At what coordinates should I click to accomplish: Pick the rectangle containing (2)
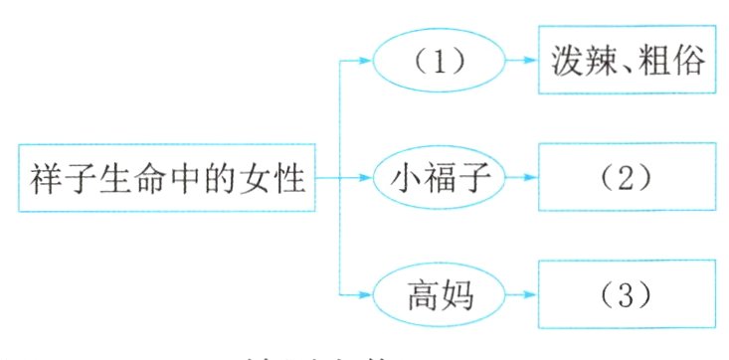627,178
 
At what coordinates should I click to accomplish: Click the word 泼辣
580,63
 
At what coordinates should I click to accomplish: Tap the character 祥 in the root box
44,179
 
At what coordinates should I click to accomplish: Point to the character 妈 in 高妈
456,294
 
